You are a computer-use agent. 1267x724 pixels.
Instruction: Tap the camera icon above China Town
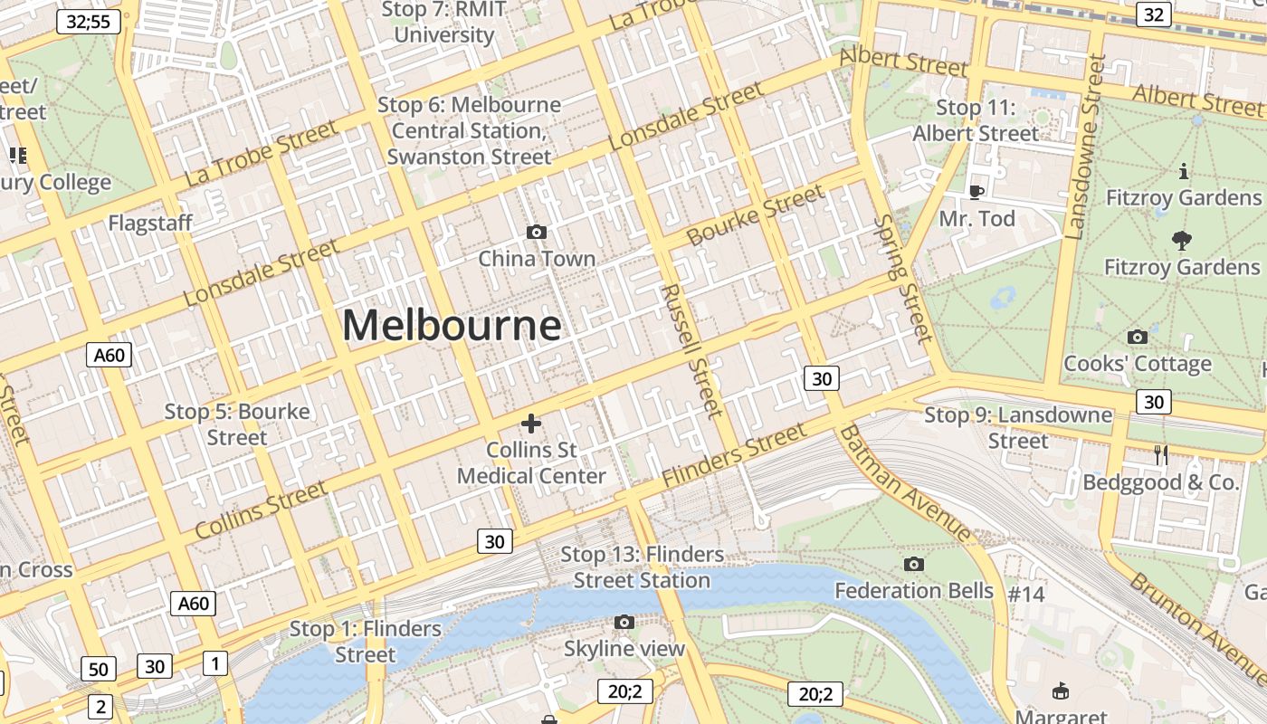tap(537, 233)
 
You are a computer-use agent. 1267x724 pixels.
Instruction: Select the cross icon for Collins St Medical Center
tap(531, 423)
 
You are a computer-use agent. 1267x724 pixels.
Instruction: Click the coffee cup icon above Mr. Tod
tap(976, 192)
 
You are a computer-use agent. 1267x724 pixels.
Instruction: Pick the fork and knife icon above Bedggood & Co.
tap(1161, 455)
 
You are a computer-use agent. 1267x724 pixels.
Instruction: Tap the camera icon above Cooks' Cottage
tap(1138, 338)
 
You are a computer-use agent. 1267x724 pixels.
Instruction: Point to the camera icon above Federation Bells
tap(914, 565)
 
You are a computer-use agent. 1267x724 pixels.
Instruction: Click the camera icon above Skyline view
tap(624, 622)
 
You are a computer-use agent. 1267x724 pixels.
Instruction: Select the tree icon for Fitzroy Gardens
tap(1181, 240)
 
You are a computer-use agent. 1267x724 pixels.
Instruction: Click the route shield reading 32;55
tap(89, 22)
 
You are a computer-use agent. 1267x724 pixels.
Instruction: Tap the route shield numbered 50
tap(99, 670)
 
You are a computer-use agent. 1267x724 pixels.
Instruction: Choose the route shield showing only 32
tap(1153, 14)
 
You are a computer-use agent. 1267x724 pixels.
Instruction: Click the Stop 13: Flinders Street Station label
tap(642, 567)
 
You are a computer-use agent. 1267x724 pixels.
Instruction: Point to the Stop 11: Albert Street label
tap(976, 120)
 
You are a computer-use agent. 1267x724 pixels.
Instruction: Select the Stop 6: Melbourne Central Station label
tap(469, 130)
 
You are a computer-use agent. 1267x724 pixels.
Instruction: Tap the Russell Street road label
tap(692, 350)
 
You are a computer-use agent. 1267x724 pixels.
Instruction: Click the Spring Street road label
tap(903, 280)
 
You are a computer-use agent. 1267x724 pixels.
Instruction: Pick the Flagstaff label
tap(150, 224)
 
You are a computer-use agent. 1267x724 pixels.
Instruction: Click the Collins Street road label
tap(261, 510)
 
